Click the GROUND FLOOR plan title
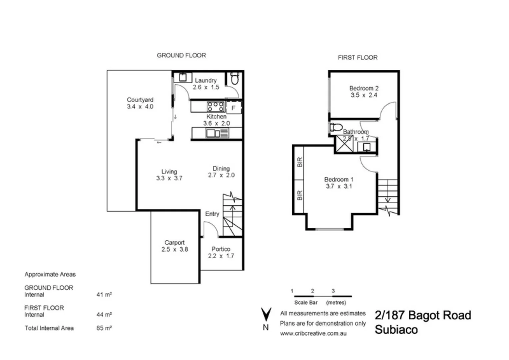(181, 55)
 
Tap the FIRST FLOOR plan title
(358, 58)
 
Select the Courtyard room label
(140, 100)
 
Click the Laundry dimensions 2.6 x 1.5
(206, 87)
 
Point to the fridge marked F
(234, 108)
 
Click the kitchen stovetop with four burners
(216, 107)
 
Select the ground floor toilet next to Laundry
(235, 79)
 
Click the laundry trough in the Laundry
(182, 77)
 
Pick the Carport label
(174, 243)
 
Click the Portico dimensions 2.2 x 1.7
(221, 256)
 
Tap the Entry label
(212, 214)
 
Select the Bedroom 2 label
(364, 88)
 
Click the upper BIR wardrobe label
(299, 162)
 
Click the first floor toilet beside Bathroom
(336, 127)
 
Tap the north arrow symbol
(266, 315)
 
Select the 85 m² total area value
(104, 328)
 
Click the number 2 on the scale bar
(312, 291)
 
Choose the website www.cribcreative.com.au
(313, 333)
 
